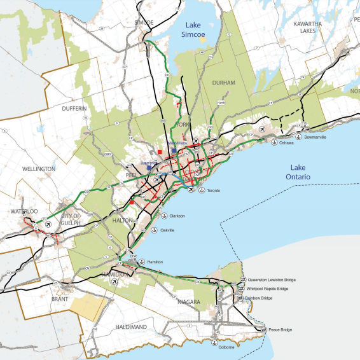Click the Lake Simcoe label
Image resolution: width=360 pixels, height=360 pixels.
pos(200,31)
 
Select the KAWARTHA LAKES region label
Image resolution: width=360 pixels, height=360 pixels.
pos(328,27)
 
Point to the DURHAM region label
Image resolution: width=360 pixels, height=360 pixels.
pos(224,83)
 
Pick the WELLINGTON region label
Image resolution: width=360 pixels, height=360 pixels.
pos(37,169)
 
